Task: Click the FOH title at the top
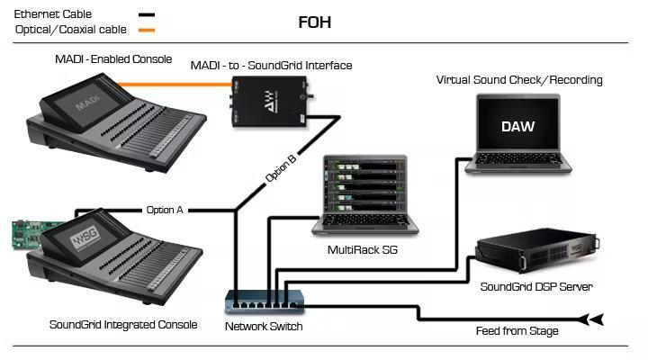(x=314, y=22)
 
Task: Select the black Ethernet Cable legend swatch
(x=145, y=15)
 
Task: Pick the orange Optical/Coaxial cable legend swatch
(x=145, y=30)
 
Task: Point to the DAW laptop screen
(x=517, y=126)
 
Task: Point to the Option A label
(x=165, y=210)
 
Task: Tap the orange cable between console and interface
(x=179, y=84)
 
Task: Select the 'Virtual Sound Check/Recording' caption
(x=519, y=80)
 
